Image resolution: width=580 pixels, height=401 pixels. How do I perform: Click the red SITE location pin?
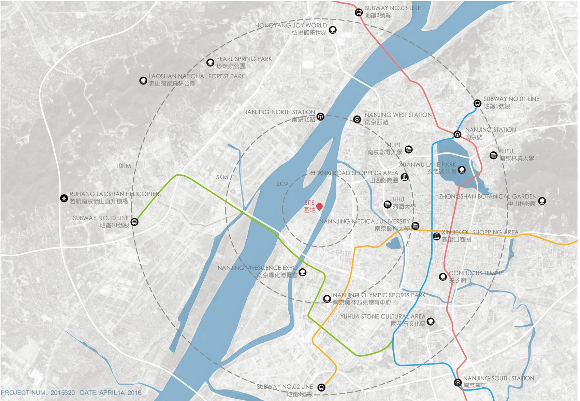[x=319, y=206]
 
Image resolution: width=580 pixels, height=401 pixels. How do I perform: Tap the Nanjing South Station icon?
[x=458, y=383]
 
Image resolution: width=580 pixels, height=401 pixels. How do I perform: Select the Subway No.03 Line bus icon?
[x=358, y=13]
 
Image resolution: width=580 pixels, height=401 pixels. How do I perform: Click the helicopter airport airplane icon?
[x=64, y=198]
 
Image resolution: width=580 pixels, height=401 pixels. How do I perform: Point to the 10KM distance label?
[x=123, y=166]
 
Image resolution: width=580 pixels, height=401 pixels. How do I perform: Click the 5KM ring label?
[x=222, y=177]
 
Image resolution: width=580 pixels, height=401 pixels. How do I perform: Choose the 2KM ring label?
[x=282, y=184]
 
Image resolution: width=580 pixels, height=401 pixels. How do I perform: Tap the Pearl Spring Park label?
[x=244, y=59]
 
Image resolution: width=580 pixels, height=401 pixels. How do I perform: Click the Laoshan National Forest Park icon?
[x=143, y=80]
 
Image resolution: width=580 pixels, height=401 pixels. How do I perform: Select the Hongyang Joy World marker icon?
[x=333, y=30]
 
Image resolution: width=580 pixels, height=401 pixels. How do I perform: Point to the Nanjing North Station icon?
[x=320, y=117]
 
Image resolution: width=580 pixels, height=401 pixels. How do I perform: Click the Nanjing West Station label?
[x=398, y=115]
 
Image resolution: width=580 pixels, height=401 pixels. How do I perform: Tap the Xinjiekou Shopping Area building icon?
[x=436, y=236]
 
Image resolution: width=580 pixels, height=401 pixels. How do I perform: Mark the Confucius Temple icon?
[x=443, y=277]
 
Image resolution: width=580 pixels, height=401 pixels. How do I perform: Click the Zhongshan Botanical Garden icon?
[x=542, y=201]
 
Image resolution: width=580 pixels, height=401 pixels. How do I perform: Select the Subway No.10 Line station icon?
[x=135, y=222]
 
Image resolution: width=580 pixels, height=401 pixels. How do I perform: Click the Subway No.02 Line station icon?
[x=321, y=388]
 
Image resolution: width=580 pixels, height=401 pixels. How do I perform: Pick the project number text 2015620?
[x=62, y=393]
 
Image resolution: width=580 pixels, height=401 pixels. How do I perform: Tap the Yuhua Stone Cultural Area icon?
[x=431, y=321]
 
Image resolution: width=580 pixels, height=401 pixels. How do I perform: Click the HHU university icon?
[x=388, y=204]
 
